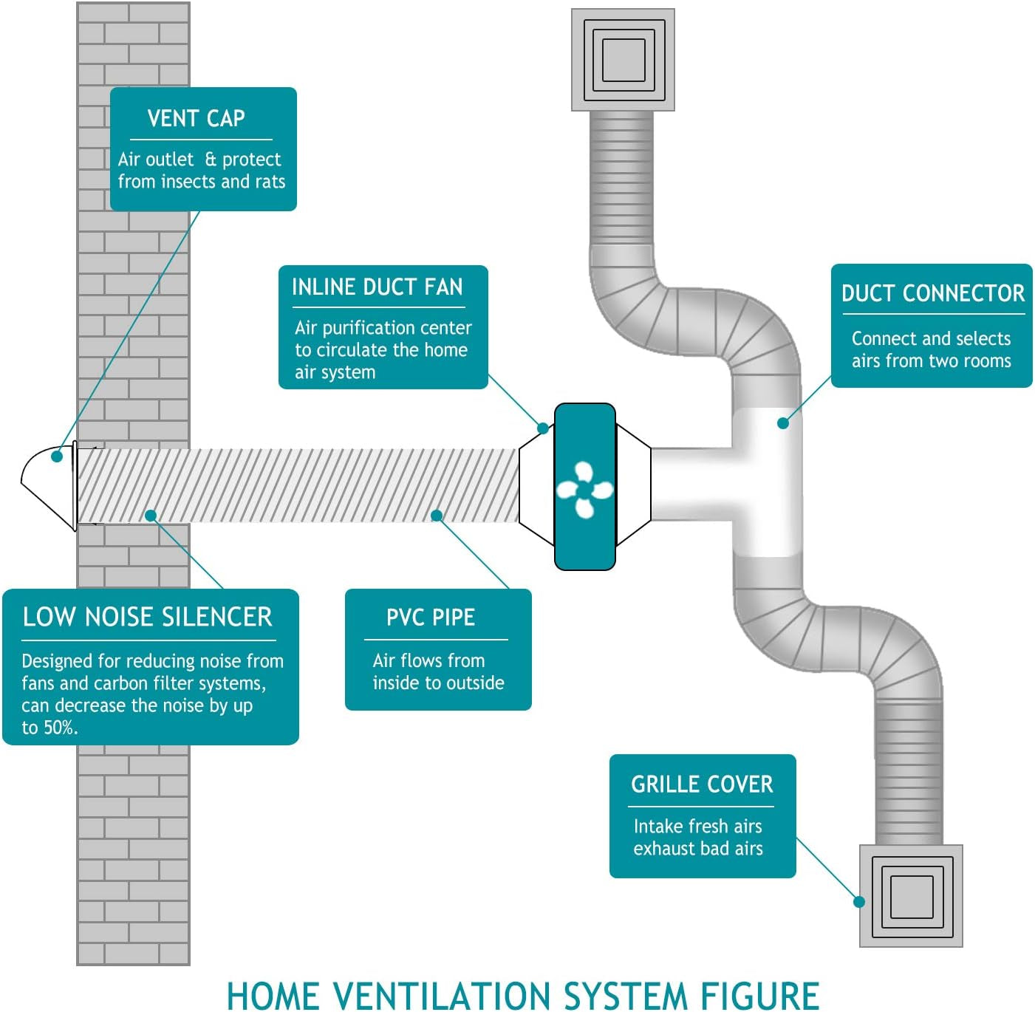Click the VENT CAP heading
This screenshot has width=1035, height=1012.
(x=196, y=118)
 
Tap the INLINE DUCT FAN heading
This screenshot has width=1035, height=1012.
(x=377, y=287)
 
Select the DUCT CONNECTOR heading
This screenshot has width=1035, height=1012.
(x=932, y=293)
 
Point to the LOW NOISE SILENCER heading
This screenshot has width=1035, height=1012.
(x=147, y=617)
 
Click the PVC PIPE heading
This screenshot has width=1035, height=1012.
(x=431, y=618)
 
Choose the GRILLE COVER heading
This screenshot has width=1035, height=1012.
(x=702, y=784)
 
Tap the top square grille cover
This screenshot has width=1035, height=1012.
(x=623, y=60)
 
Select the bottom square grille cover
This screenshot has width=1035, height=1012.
(x=911, y=896)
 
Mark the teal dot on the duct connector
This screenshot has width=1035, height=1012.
(x=783, y=423)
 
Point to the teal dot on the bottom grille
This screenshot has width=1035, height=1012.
(x=859, y=901)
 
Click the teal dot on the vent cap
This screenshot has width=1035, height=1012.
(x=57, y=457)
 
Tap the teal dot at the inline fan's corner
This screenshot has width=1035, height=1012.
(x=543, y=428)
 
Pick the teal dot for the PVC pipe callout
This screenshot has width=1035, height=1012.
(x=437, y=516)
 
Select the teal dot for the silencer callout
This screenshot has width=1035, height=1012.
(x=151, y=516)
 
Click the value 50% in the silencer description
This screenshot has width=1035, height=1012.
(x=59, y=728)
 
